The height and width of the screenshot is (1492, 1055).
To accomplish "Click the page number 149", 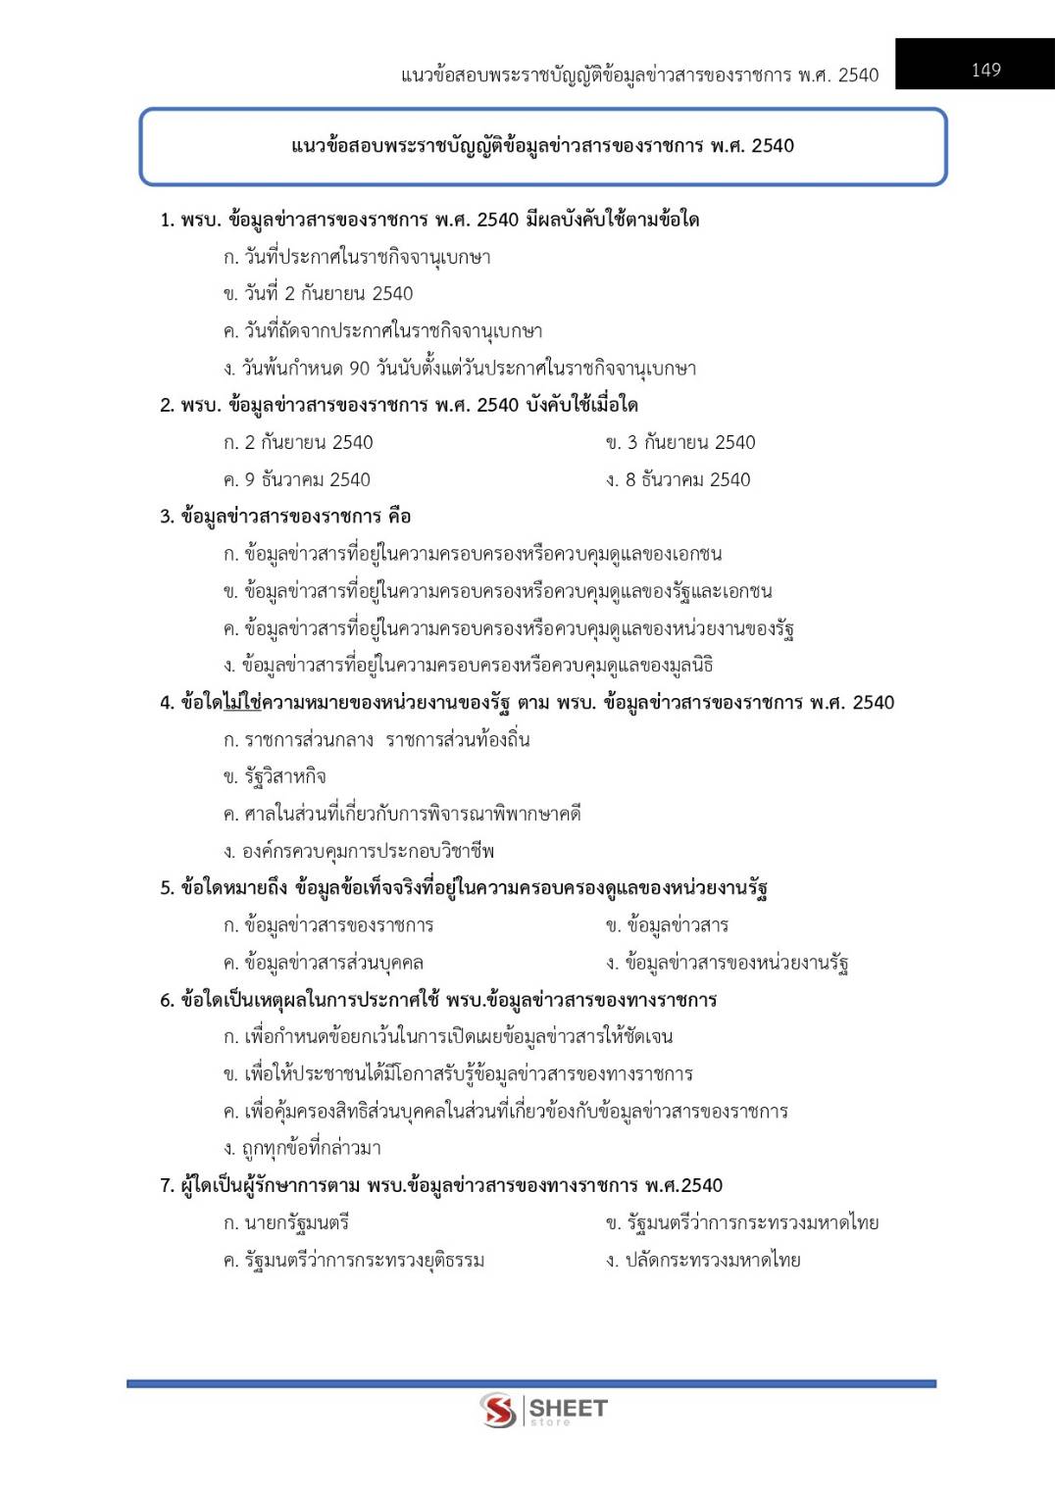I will tap(985, 70).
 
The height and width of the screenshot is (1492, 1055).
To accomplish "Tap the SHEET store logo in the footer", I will tap(544, 1410).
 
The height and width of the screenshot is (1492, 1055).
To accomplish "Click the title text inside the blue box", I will tap(542, 146).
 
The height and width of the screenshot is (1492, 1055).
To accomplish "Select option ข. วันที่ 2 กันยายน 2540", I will tap(318, 294).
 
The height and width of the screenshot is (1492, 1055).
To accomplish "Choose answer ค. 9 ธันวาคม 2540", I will tap(297, 479).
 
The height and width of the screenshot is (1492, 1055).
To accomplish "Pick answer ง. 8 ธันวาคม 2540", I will tap(678, 479).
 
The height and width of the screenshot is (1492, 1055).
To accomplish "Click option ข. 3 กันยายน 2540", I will tap(680, 442).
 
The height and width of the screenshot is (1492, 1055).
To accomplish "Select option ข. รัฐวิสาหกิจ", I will tap(275, 776).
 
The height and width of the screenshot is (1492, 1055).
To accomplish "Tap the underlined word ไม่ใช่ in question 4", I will tap(241, 703).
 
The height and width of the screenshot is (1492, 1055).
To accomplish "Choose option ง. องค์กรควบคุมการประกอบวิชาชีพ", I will tap(359, 851).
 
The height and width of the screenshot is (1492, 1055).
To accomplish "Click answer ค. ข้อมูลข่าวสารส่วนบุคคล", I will tap(324, 963).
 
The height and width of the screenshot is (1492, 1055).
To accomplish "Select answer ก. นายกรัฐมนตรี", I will tap(286, 1222).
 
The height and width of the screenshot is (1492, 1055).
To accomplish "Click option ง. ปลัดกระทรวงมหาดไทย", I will tap(703, 1260).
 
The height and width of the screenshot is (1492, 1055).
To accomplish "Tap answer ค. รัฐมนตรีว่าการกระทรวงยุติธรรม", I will tap(354, 1260).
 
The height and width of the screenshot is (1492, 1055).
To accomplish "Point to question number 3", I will tap(166, 517).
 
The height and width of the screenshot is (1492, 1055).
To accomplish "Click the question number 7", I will tap(166, 1186).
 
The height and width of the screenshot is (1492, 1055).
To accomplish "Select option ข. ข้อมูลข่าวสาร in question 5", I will tap(667, 925).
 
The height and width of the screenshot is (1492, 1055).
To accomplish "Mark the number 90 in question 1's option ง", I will tap(359, 369).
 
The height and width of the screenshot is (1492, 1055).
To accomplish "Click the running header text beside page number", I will tap(639, 75).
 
